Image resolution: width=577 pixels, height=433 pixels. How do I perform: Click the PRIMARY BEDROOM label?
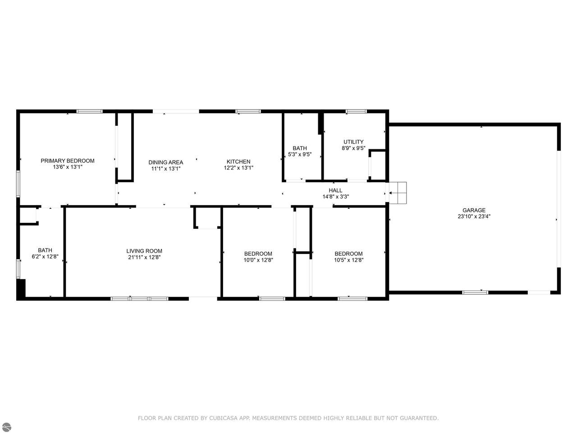click(68, 161)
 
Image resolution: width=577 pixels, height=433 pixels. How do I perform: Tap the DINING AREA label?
click(165, 162)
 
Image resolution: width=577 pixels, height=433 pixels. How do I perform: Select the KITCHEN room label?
click(238, 161)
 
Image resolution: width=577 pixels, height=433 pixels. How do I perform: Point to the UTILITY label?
click(353, 142)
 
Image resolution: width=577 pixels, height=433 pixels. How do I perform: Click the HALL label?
click(335, 190)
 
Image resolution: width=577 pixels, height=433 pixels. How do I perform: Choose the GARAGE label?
click(474, 210)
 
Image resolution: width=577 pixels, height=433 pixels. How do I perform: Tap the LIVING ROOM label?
click(144, 251)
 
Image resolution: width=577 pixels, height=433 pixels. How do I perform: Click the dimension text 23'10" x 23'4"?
click(474, 216)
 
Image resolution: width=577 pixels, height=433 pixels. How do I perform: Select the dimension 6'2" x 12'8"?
click(45, 257)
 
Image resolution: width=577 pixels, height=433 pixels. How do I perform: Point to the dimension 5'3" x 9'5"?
click(300, 154)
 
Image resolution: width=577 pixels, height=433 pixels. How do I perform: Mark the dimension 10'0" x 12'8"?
click(258, 260)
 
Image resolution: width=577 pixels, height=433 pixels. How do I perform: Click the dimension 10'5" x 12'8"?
click(348, 260)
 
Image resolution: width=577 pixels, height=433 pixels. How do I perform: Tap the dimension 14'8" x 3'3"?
click(336, 197)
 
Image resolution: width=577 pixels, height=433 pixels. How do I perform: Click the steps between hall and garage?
click(398, 193)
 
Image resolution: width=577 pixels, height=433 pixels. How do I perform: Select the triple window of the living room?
click(139, 299)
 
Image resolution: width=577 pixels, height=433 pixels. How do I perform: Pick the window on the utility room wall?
click(356, 111)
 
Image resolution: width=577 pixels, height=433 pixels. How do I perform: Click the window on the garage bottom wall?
click(475, 292)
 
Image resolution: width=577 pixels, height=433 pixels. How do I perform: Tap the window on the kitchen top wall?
click(248, 111)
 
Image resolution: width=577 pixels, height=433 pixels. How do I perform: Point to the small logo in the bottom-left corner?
click(7, 427)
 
